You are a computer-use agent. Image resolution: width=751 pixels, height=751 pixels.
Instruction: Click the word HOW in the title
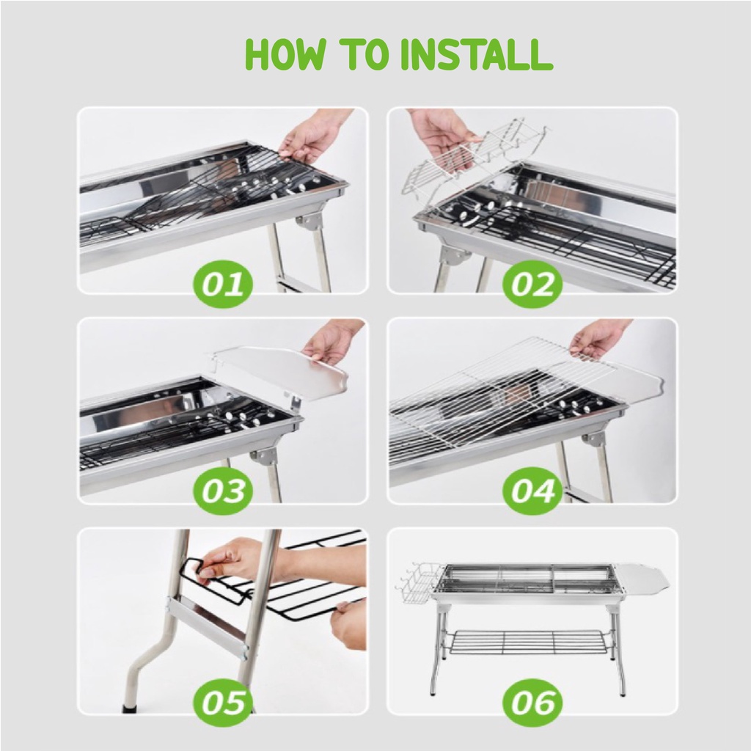coord(285,54)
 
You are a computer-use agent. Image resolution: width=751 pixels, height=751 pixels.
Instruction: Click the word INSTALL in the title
coord(477,54)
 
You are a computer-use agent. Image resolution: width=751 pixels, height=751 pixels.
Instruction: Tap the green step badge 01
coord(222,284)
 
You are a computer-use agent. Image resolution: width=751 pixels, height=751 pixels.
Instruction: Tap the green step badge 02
coord(532,284)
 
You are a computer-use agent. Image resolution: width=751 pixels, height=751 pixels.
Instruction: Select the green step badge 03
coord(222,491)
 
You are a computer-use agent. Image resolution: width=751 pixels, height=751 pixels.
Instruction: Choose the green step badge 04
coord(532,491)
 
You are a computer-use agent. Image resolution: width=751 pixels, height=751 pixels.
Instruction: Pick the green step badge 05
coord(222,703)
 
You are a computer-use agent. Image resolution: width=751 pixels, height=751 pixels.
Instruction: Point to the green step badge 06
coord(532,703)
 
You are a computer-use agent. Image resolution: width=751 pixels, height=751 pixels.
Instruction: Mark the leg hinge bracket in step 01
coord(309,222)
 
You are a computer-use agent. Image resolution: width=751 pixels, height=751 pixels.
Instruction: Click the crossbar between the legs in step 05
coord(208,623)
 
